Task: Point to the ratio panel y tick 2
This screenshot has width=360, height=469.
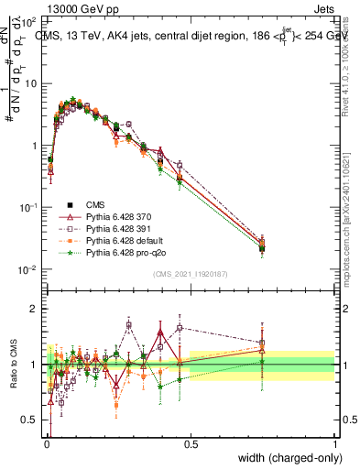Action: (33, 309)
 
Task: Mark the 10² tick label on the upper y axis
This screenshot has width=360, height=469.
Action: (28, 20)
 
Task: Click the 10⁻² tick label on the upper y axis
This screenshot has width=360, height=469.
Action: (28, 269)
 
